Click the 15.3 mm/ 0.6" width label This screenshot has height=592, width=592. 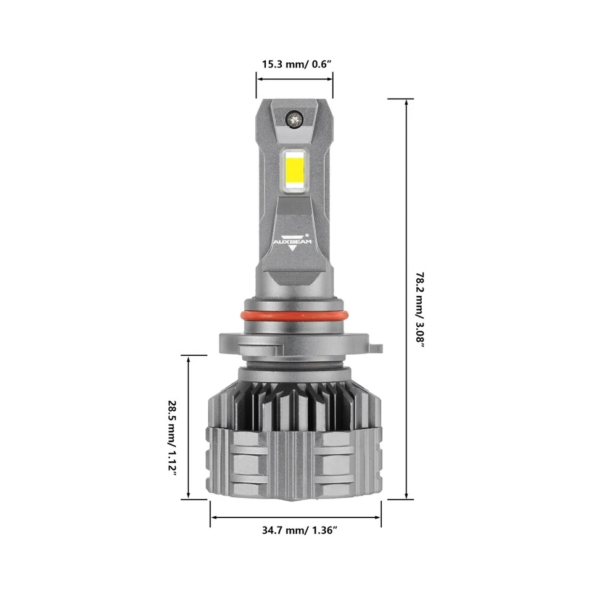pyautogui.click(x=294, y=64)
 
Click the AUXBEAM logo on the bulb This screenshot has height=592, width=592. pyautogui.click(x=293, y=241)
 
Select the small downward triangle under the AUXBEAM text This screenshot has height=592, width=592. pyautogui.click(x=293, y=249)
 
